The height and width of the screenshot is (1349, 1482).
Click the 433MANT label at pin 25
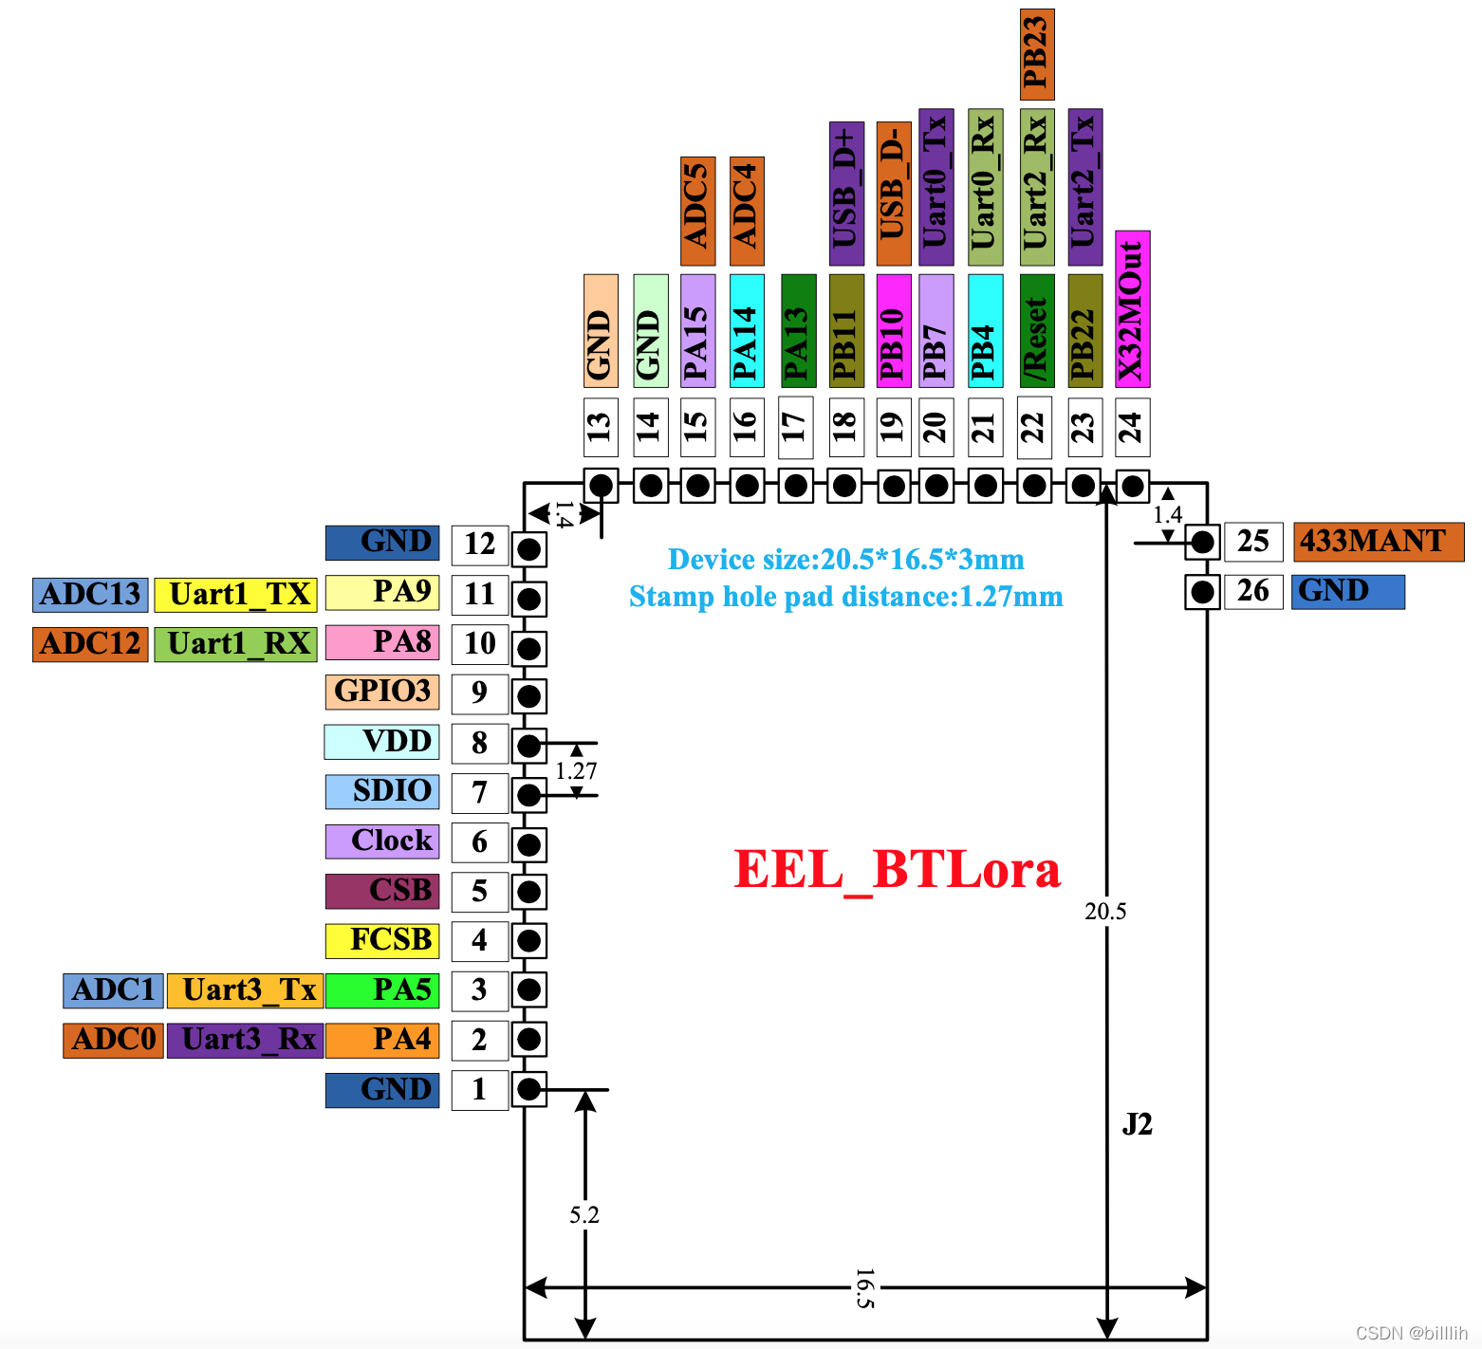pyautogui.click(x=1378, y=542)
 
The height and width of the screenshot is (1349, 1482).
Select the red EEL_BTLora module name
pyautogui.click(x=897, y=869)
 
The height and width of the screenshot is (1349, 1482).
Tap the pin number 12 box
pyautogui.click(x=480, y=545)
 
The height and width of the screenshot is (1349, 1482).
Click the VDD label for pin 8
pyautogui.click(x=381, y=742)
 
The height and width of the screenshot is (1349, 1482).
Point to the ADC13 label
pyautogui.click(x=90, y=595)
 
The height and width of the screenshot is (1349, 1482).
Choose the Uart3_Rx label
pyautogui.click(x=246, y=1040)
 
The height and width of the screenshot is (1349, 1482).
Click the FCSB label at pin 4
pyautogui.click(x=382, y=940)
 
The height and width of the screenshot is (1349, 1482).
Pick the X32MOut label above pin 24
pyautogui.click(x=1132, y=309)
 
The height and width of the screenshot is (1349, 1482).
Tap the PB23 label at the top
pyautogui.click(x=1037, y=55)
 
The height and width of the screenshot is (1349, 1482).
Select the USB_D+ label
pyautogui.click(x=846, y=194)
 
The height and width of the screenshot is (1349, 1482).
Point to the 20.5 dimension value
pyautogui.click(x=1105, y=912)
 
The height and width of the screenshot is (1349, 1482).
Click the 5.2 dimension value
pyautogui.click(x=584, y=1215)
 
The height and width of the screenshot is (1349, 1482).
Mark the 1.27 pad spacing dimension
pyautogui.click(x=576, y=771)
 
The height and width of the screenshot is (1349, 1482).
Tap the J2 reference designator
pyautogui.click(x=1137, y=1124)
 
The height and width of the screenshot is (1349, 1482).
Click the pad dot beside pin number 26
pyautogui.click(x=1202, y=592)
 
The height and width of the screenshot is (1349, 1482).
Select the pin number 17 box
pyautogui.click(x=795, y=428)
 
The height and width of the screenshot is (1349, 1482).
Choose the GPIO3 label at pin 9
pyautogui.click(x=382, y=692)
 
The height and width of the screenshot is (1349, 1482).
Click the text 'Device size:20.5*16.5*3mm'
pyautogui.click(x=845, y=559)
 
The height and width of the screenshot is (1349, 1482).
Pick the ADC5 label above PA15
pyautogui.click(x=697, y=211)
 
